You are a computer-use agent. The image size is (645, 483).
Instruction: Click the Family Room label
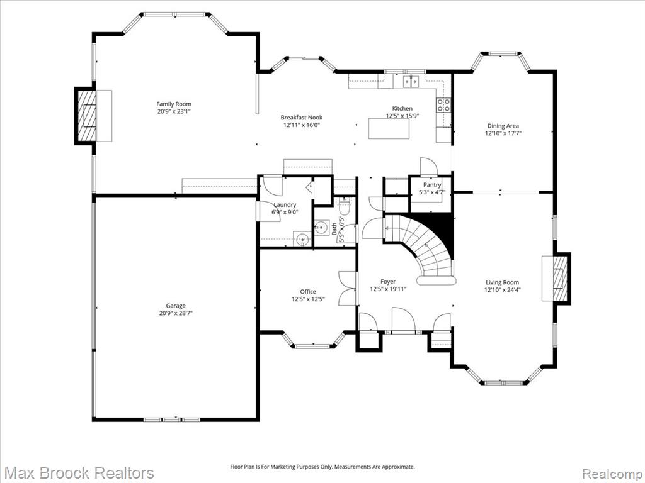click(x=174, y=104)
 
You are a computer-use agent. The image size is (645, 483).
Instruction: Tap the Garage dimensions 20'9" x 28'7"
click(x=176, y=313)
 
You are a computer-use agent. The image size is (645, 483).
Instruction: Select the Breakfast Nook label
click(x=302, y=118)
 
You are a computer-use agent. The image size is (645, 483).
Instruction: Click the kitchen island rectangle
click(x=389, y=128)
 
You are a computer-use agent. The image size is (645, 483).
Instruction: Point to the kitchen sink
click(x=411, y=81)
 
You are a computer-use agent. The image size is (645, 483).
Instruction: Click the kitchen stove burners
click(x=443, y=105)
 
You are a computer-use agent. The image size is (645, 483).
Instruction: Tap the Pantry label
click(x=432, y=186)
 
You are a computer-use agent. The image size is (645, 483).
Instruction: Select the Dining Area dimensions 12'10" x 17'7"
click(x=503, y=133)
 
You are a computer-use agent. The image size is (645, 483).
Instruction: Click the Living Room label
click(x=502, y=282)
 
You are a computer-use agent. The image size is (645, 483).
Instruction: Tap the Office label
click(x=308, y=292)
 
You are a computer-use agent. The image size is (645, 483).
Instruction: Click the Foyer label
click(x=388, y=282)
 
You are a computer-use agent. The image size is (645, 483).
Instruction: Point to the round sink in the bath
click(x=321, y=226)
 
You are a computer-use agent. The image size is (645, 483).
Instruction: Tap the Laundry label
click(x=285, y=204)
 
